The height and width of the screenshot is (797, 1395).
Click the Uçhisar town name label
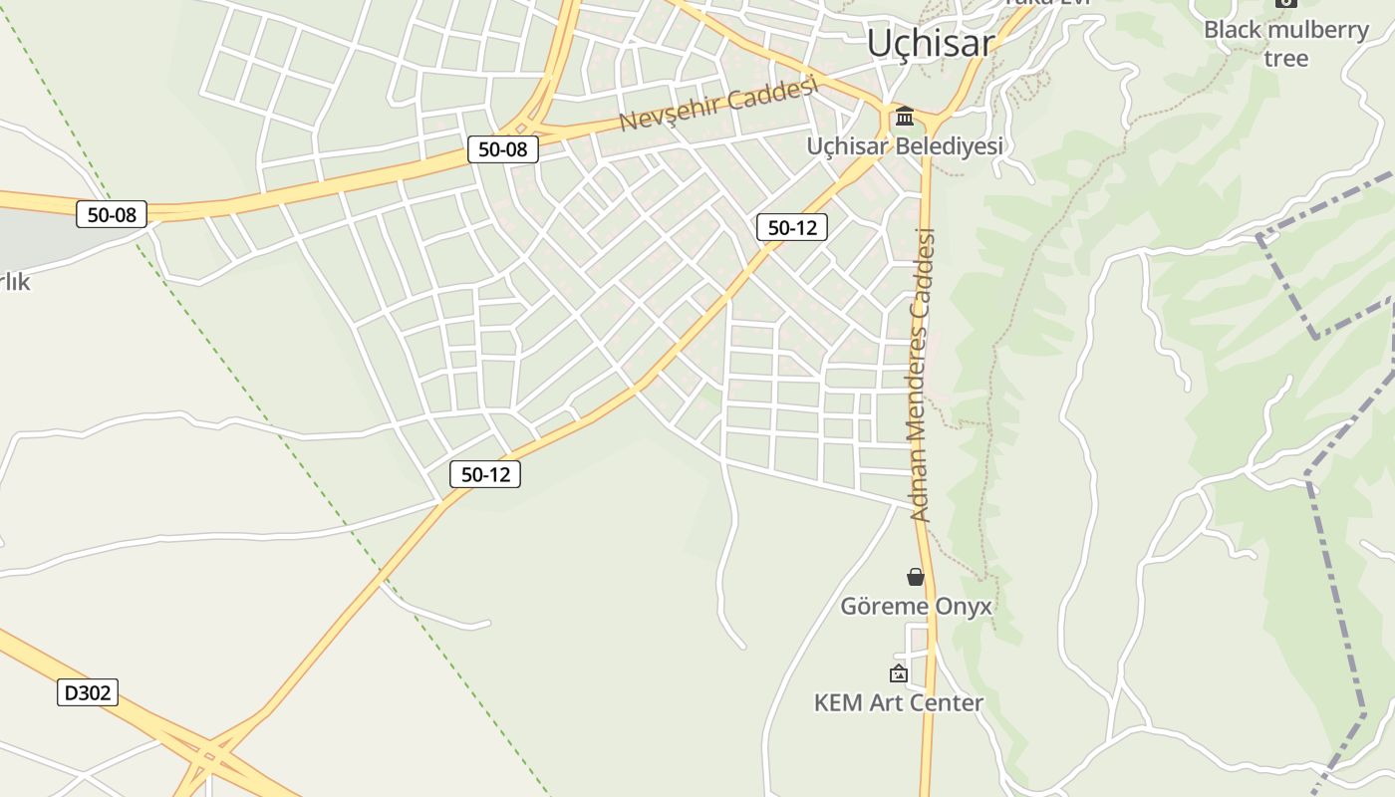click(x=930, y=43)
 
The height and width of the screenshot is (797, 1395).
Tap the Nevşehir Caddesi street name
click(x=718, y=104)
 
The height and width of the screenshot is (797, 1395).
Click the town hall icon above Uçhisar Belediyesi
click(x=905, y=117)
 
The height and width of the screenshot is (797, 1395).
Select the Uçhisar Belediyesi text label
click(x=905, y=146)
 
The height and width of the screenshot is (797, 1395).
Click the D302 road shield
click(x=88, y=692)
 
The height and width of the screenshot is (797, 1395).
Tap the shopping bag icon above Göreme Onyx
click(x=916, y=577)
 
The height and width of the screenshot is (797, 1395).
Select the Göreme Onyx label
click(x=916, y=606)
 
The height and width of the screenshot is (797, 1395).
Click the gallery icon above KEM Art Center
click(x=899, y=674)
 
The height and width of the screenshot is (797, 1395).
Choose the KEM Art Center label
click(x=899, y=702)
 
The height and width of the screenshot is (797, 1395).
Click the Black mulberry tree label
click(x=1286, y=44)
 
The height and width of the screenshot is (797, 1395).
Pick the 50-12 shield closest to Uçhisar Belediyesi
click(x=792, y=227)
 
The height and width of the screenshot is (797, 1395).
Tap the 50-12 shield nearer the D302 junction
click(x=485, y=474)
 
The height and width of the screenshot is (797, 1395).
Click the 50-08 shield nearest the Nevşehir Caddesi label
click(x=503, y=149)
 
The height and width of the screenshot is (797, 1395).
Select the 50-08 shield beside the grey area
click(x=112, y=213)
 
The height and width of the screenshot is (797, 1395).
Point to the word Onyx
click(x=964, y=606)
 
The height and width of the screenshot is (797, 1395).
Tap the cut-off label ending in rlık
click(x=14, y=282)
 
